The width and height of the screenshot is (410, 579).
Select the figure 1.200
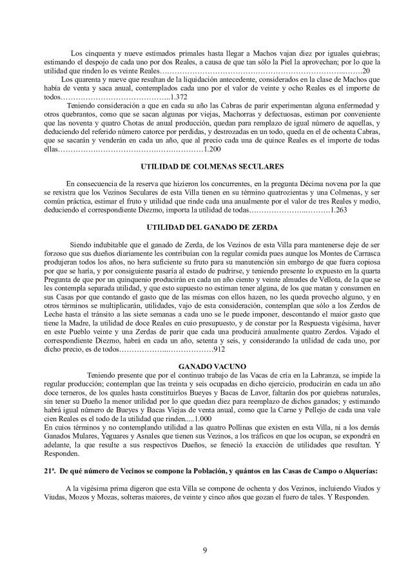211,150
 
